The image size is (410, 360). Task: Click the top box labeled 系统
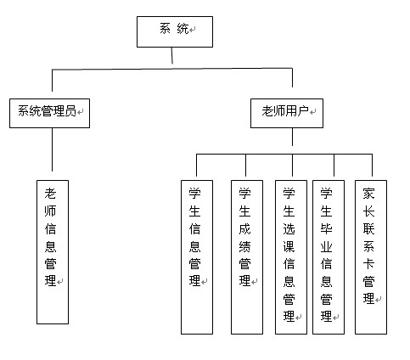coord(175,31)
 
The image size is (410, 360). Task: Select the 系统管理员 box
coord(49,113)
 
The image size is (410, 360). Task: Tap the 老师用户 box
coord(287,113)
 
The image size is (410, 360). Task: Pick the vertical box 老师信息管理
coord(53,252)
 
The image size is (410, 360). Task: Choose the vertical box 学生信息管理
coord(197,257)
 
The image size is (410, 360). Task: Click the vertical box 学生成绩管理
coord(247,257)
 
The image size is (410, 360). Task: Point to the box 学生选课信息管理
coord(291,257)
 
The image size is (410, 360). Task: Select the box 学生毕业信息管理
coord(329,257)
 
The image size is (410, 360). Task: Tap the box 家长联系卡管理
coord(371,257)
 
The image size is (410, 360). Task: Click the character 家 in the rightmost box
coord(368,194)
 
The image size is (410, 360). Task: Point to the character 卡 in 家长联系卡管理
coord(368,264)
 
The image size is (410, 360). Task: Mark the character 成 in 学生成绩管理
coord(244,228)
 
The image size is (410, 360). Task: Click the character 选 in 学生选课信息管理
coord(289,228)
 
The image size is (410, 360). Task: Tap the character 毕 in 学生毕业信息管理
coord(326,228)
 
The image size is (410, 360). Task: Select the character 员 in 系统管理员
coord(70,111)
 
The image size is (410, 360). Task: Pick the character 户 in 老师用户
coord(303,111)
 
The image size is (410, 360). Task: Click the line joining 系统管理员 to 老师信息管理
coord(52,149)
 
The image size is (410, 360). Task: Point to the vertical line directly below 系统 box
coord(171,55)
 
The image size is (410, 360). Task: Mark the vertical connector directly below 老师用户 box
coord(292,137)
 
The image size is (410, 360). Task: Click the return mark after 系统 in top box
coord(193,30)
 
